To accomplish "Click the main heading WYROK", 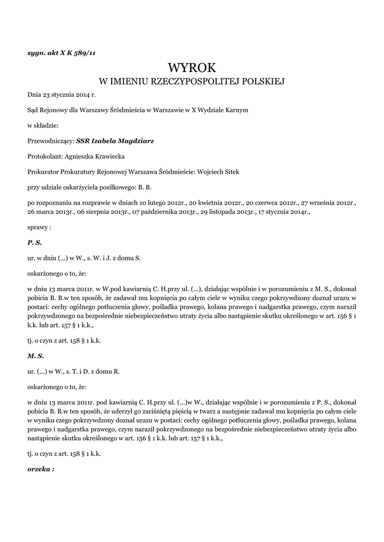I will (192, 68).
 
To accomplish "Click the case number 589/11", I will (85, 53).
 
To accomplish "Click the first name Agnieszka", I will (81, 156).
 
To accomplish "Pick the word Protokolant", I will (44, 156).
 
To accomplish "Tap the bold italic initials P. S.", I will (34, 242).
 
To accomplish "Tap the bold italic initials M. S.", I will (35, 356).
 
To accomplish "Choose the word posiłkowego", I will (117, 187).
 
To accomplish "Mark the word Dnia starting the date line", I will (34, 95).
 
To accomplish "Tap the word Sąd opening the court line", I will (33, 110).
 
